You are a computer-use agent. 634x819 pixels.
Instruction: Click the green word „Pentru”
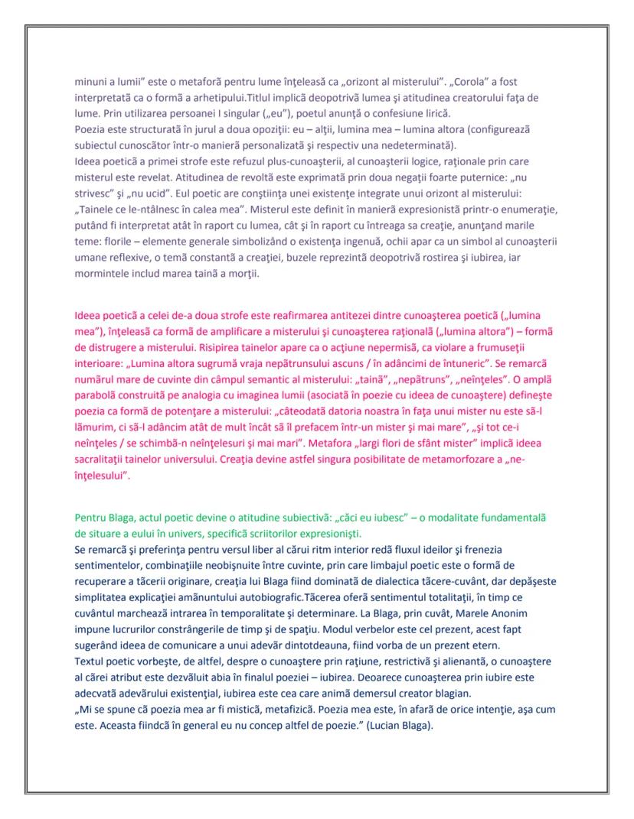(91, 518)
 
